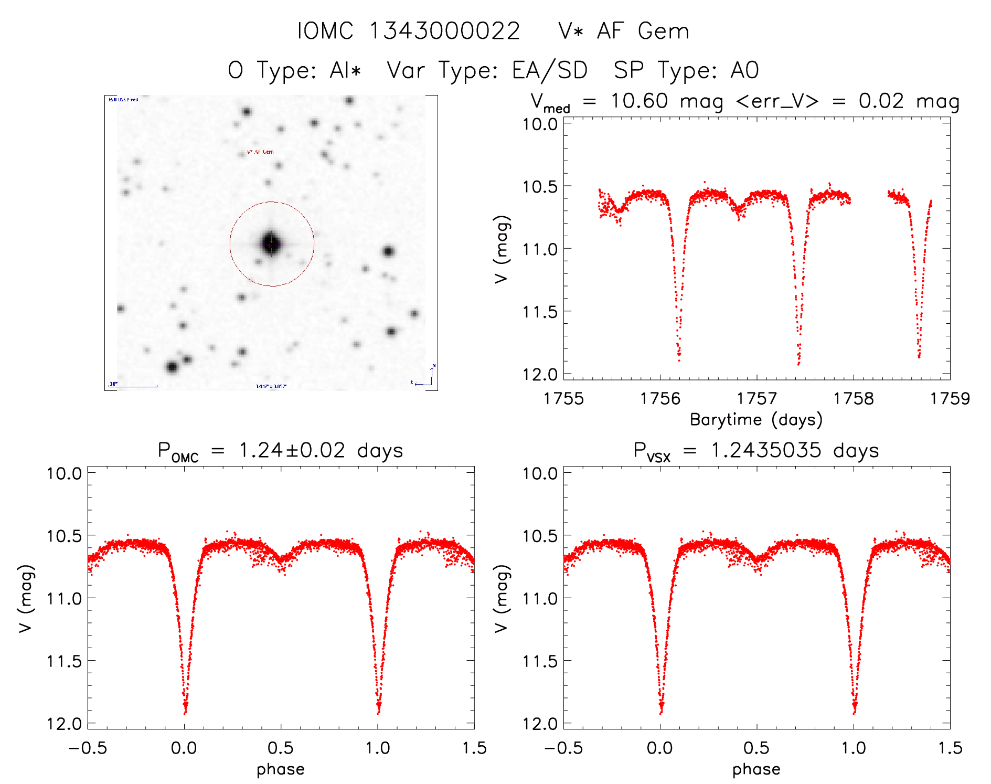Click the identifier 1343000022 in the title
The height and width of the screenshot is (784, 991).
click(444, 31)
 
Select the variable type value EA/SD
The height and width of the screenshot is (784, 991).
click(549, 70)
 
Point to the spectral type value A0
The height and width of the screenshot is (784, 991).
click(745, 70)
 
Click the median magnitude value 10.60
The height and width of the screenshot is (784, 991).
click(639, 101)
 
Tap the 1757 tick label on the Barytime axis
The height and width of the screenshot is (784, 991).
click(756, 399)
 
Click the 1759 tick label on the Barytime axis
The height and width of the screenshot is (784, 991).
click(950, 399)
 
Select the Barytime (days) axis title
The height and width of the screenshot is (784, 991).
click(756, 420)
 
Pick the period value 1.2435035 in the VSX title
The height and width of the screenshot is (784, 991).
click(766, 451)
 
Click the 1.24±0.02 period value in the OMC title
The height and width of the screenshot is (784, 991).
click(292, 451)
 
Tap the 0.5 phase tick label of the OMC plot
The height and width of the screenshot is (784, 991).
click(281, 748)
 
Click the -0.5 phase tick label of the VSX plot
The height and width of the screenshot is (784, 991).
click(563, 748)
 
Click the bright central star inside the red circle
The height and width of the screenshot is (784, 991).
click(271, 244)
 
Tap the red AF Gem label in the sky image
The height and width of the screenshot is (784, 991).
click(260, 152)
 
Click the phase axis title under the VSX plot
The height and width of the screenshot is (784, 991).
click(756, 769)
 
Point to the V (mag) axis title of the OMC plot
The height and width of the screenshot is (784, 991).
click(26, 599)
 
